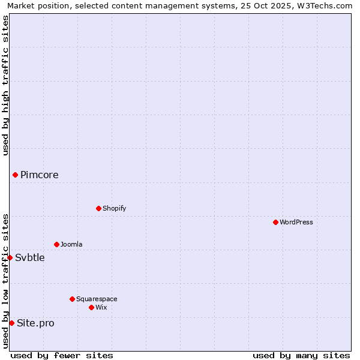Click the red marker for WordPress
pyautogui.click(x=275, y=222)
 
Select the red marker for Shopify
pyautogui.click(x=98, y=208)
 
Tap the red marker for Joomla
pyautogui.click(x=56, y=244)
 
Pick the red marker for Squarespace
pyautogui.click(x=72, y=299)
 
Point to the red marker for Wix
pyautogui.click(x=91, y=307)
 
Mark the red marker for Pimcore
pyautogui.click(x=15, y=175)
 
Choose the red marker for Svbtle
pyautogui.click(x=10, y=257)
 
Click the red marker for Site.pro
pyautogui.click(x=11, y=323)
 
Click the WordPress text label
pyautogui.click(x=296, y=222)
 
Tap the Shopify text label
pyautogui.click(x=114, y=208)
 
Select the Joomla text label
pyautogui.click(x=71, y=244)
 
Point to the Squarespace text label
pyautogui.click(x=97, y=299)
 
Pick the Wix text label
pyautogui.click(x=101, y=307)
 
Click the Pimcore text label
pyautogui.click(x=40, y=175)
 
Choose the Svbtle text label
pyautogui.click(x=30, y=257)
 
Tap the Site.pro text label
pyautogui.click(x=35, y=323)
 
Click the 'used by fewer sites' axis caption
pyautogui.click(x=62, y=355)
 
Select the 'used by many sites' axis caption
pyautogui.click(x=301, y=355)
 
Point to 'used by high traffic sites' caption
pyautogui.click(x=5, y=85)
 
